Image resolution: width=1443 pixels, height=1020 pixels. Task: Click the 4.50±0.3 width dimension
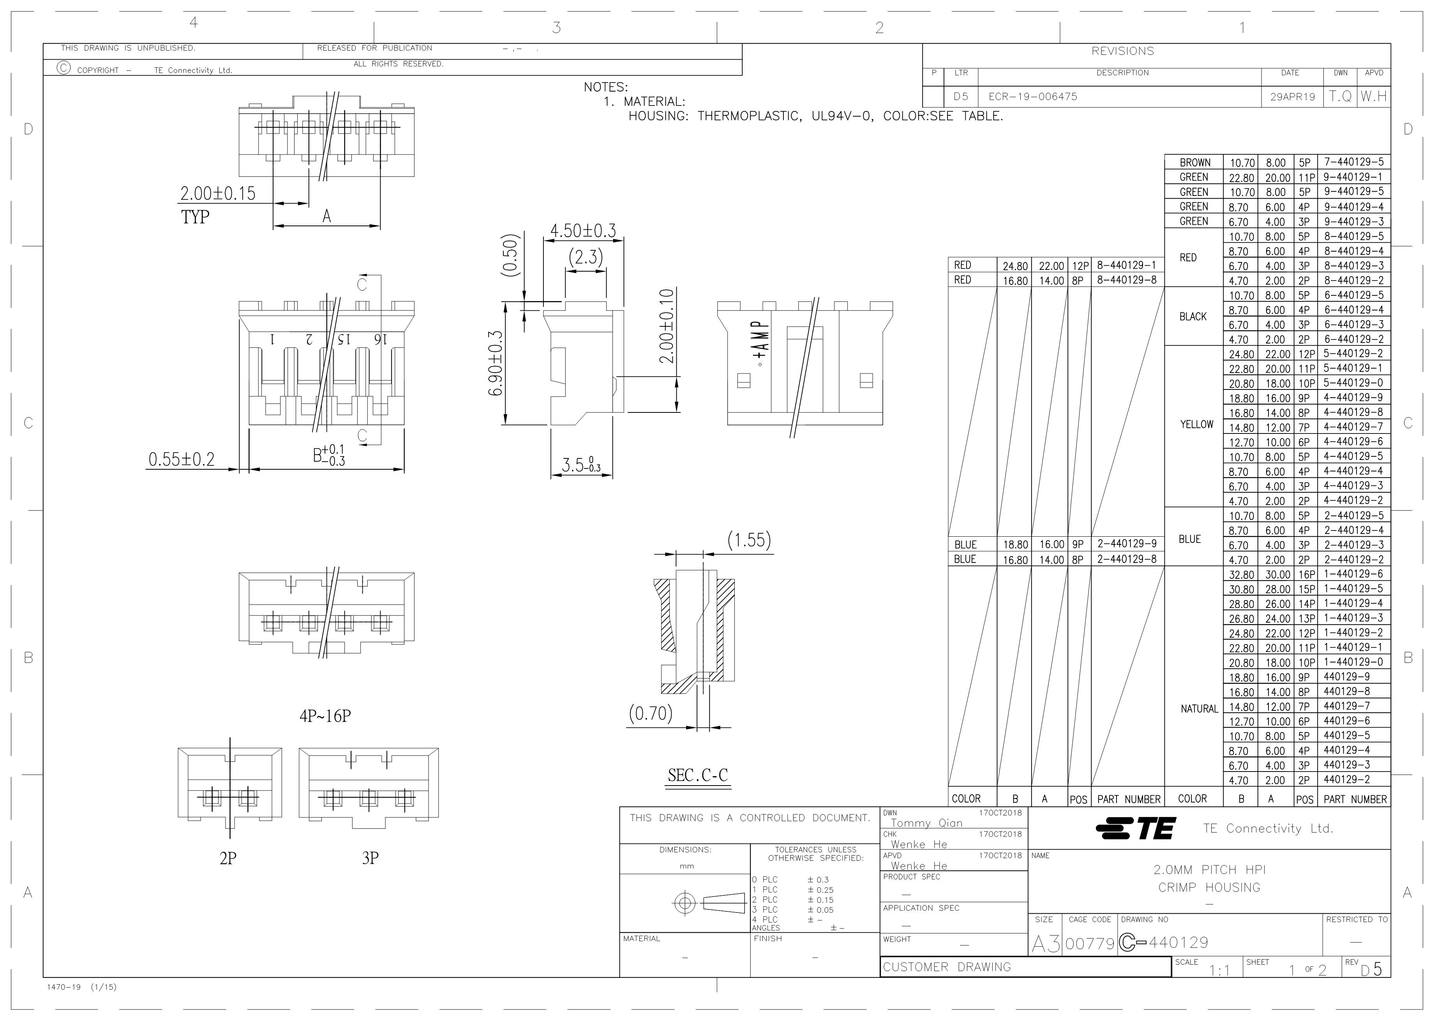[583, 231]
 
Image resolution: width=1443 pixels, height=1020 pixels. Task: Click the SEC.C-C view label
[698, 775]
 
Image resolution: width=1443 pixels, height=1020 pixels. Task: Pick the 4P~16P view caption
[325, 716]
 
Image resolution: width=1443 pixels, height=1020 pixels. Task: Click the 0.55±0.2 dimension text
[181, 460]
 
